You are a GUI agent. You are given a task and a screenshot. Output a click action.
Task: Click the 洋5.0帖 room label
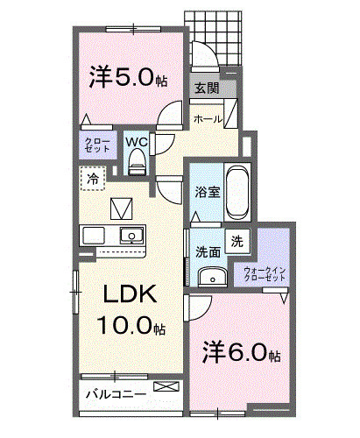coord(128,78)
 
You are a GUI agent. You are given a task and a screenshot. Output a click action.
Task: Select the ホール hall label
coord(207,118)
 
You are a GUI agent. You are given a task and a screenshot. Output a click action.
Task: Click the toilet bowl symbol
coord(136,162)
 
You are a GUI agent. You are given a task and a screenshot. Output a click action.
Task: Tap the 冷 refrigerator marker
coord(93,178)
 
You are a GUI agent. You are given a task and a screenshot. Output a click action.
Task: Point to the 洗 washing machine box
coord(237,239)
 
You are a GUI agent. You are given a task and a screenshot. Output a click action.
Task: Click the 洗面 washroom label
coord(208,250)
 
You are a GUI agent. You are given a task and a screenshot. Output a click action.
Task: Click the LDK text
coord(131,296)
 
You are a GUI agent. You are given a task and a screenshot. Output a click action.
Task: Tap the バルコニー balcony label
coord(115,393)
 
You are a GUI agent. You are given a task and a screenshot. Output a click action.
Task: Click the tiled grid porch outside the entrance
coord(214,36)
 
